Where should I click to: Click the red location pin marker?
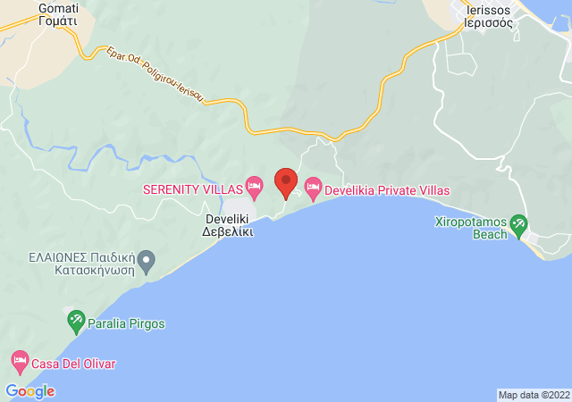pyautogui.click(x=285, y=181)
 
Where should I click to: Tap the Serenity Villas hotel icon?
pyautogui.click(x=254, y=188)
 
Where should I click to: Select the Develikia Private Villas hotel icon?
pyautogui.click(x=312, y=188)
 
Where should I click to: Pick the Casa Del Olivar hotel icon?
pyautogui.click(x=20, y=363)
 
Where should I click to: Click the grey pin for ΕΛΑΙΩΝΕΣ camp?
pyautogui.click(x=147, y=263)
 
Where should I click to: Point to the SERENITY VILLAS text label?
pyautogui.click(x=192, y=190)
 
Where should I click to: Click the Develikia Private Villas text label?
pyautogui.click(x=387, y=190)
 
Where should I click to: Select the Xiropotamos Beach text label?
pyautogui.click(x=470, y=228)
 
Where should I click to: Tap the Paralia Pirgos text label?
pyautogui.click(x=127, y=323)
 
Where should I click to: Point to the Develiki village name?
pyautogui.click(x=228, y=216)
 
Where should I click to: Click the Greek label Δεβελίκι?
pyautogui.click(x=228, y=230)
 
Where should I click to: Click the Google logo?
pyautogui.click(x=29, y=390)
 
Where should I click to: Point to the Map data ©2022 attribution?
pyautogui.click(x=533, y=395)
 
